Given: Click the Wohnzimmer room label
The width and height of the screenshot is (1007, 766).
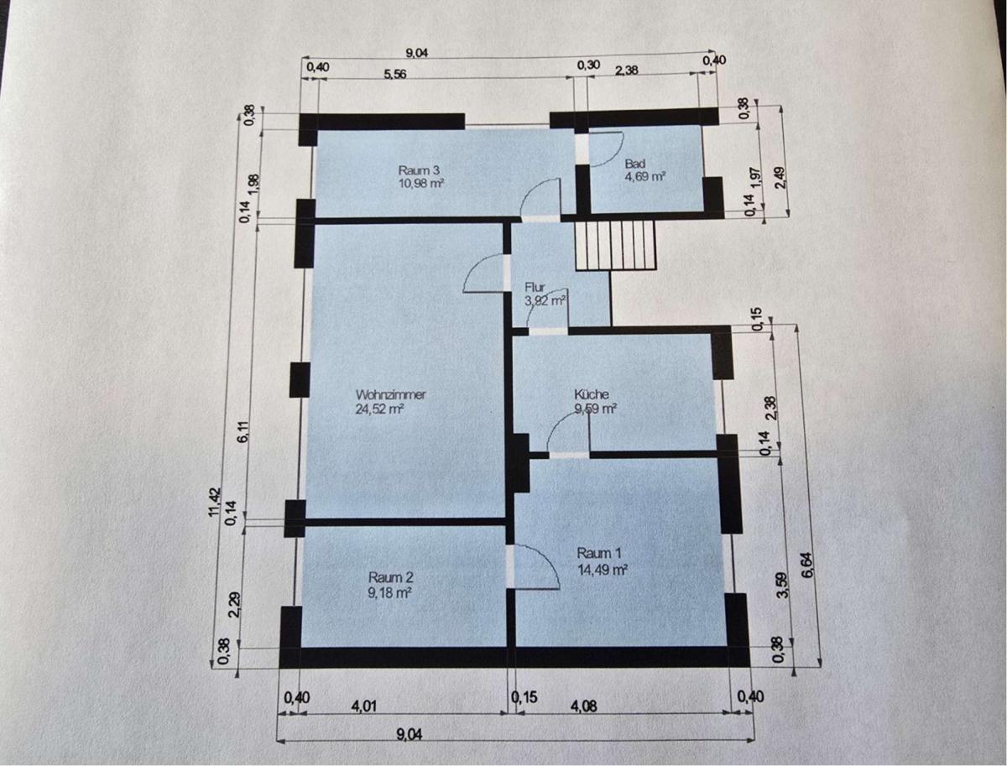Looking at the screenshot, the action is pos(391,394).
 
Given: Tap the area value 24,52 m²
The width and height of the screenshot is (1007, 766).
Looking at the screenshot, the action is pos(379,409).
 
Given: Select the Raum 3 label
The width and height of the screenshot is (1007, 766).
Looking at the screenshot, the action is pos(419,170).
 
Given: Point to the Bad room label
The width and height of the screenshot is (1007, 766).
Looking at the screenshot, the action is pos(635,164).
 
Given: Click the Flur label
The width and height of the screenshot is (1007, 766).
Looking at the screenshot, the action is pos(535,288).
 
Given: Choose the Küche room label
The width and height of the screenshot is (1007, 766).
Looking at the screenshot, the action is pos(592,394).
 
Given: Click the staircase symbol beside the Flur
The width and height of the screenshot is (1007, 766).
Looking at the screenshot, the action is pos(615,244).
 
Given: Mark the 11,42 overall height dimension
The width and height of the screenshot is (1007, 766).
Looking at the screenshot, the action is pos(215,502).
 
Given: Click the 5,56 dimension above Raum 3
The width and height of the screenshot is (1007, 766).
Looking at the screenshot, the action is pos(394,74).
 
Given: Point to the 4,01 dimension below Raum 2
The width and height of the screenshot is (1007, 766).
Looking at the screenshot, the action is pos(364,706).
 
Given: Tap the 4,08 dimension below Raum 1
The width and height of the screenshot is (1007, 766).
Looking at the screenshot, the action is pos(585,706).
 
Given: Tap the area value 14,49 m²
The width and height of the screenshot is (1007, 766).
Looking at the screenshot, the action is pos(602,570).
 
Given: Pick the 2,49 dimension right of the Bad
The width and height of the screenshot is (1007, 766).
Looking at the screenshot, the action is pos(779,178).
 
